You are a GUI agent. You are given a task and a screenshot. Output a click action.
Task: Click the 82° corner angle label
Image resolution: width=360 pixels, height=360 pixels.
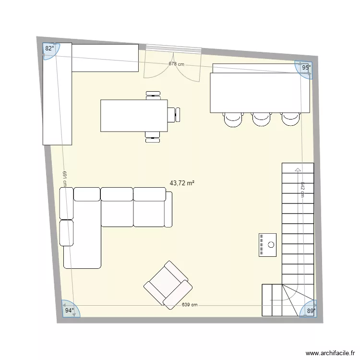[49, 48]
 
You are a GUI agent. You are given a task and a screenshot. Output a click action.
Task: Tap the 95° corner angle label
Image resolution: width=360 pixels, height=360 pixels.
[306, 68]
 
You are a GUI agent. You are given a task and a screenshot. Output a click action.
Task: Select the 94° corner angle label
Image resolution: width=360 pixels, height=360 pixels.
[69, 311]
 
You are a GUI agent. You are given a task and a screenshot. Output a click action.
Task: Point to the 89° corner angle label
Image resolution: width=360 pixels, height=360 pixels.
[311, 311]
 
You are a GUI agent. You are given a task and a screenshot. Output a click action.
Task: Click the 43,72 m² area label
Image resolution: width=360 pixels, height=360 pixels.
[182, 183]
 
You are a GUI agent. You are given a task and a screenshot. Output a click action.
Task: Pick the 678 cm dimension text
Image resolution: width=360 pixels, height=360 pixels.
[176, 64]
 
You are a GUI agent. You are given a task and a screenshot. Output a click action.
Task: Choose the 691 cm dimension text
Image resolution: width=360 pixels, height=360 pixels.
[64, 178]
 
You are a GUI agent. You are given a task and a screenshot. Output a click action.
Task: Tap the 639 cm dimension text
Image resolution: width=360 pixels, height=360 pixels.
[190, 305]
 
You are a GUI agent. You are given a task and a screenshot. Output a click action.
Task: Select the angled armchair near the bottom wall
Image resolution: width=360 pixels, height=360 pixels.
[168, 285]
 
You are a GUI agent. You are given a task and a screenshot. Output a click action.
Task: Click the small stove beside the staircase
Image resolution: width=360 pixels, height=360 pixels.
[268, 245]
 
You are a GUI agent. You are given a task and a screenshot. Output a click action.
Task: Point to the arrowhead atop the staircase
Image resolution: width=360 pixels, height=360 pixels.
[298, 169]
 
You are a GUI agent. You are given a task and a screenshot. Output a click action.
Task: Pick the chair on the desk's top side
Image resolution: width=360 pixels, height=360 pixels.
[153, 95]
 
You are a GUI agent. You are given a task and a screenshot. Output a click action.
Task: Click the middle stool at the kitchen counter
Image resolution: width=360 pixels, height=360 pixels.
[262, 119]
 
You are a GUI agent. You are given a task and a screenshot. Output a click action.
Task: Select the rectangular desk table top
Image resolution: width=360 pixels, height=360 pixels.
[133, 115]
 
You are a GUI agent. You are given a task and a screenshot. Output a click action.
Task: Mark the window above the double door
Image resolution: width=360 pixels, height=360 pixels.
[174, 48]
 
